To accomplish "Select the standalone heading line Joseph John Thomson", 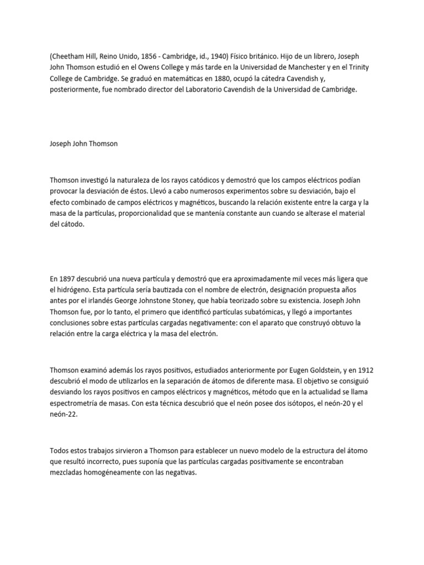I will [83, 144].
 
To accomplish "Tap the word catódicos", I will [197, 181].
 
